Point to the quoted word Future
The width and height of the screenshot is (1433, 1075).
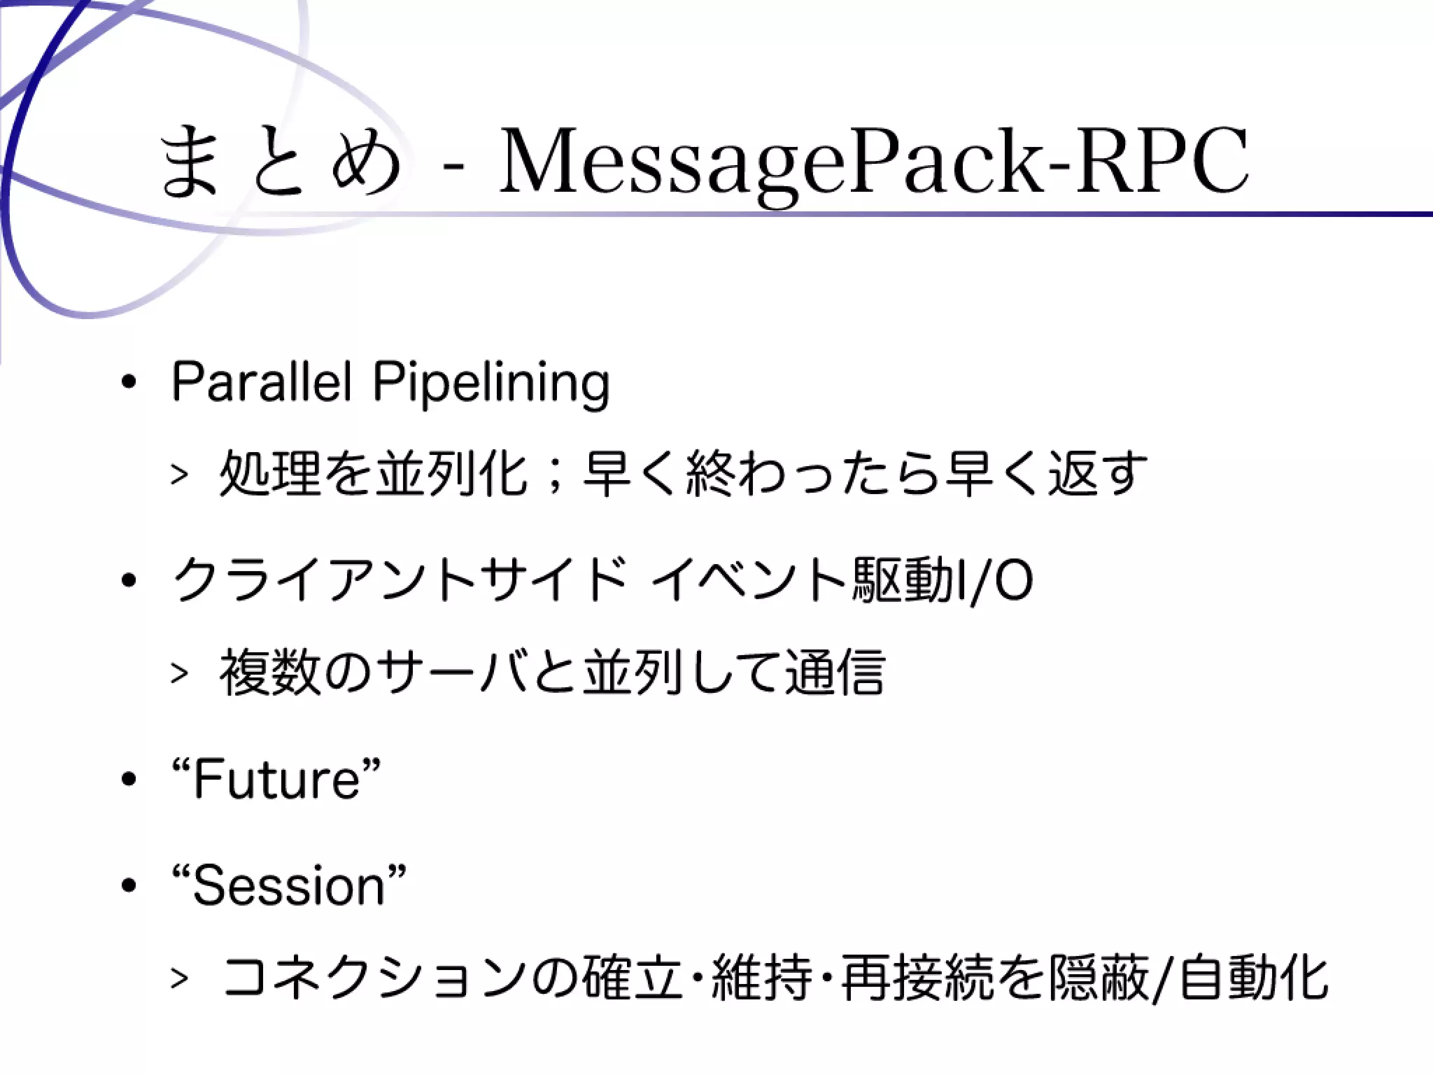click(276, 779)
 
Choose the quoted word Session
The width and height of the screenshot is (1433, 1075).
click(289, 885)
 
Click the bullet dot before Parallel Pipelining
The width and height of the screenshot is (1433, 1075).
click(128, 384)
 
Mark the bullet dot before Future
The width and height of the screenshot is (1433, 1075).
click(128, 780)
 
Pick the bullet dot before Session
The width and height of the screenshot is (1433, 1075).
click(128, 886)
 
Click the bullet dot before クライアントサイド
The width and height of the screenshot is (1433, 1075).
click(128, 582)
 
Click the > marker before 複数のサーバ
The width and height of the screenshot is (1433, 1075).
click(179, 673)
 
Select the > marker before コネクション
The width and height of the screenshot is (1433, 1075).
click(179, 978)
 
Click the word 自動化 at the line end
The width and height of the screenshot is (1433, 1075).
click(1252, 978)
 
